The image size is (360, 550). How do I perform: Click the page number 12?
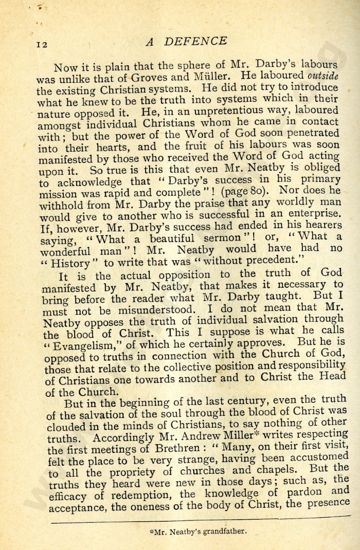(x=42, y=45)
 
